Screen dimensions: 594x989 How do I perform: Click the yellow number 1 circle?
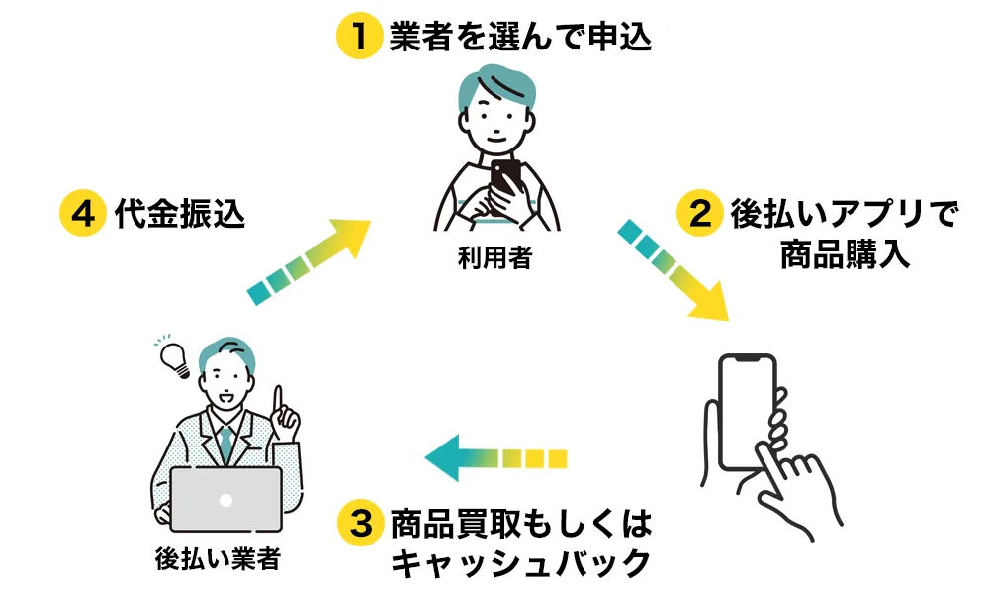pos(357,37)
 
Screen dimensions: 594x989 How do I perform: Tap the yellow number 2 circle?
pos(700,214)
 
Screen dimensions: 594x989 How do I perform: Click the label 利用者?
pos(494,259)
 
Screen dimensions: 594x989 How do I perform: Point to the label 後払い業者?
pos(218,559)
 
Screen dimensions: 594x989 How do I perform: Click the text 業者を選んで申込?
pos(520,37)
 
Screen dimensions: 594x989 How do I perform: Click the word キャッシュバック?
pos(520,562)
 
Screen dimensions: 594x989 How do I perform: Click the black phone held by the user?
pos(506,177)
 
